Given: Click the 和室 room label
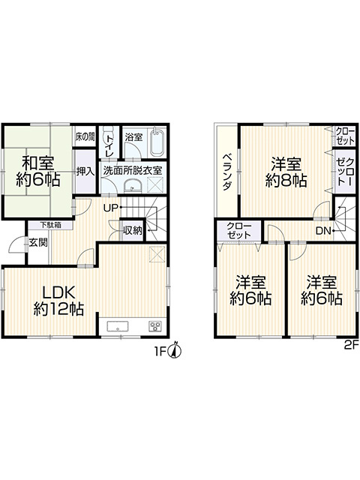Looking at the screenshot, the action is pyautogui.click(x=38, y=163).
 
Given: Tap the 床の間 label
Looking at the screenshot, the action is pyautogui.click(x=85, y=136).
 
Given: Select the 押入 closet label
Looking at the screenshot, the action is pyautogui.click(x=85, y=172).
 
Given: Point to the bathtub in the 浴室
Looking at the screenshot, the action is pyautogui.click(x=157, y=142).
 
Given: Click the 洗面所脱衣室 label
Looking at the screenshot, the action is pyautogui.click(x=132, y=170).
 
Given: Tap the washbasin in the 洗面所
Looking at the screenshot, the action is pyautogui.click(x=133, y=185).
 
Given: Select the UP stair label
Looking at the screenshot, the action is pyautogui.click(x=110, y=208).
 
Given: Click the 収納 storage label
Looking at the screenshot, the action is pyautogui.click(x=133, y=230).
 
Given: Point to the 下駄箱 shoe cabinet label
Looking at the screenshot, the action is pyautogui.click(x=50, y=225).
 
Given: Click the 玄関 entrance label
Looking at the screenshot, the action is pyautogui.click(x=38, y=243).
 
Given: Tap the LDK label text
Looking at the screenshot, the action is pyautogui.click(x=58, y=292).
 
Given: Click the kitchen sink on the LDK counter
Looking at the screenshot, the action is pyautogui.click(x=118, y=327).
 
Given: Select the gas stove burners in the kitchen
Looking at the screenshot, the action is pyautogui.click(x=155, y=326).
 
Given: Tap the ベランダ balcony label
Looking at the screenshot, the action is pyautogui.click(x=226, y=172).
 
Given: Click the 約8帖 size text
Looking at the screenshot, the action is pyautogui.click(x=286, y=180).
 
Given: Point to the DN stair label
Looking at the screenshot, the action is pyautogui.click(x=323, y=230).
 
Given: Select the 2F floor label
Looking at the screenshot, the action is pyautogui.click(x=351, y=345).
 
